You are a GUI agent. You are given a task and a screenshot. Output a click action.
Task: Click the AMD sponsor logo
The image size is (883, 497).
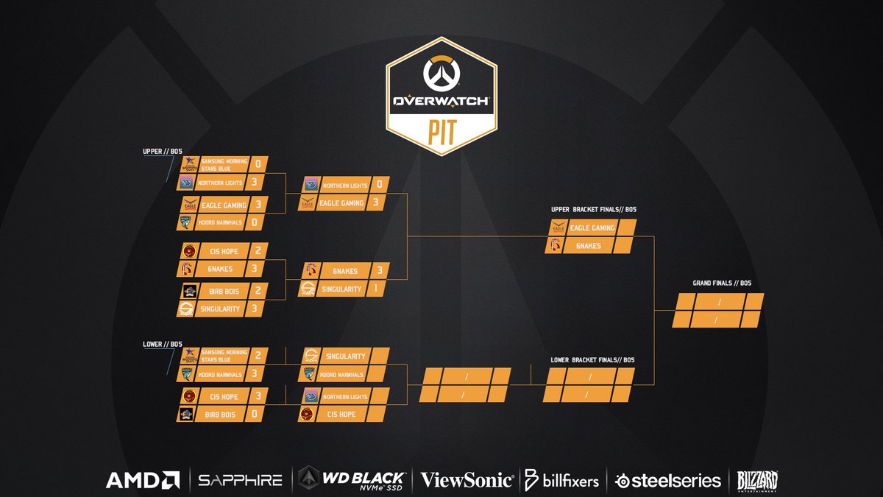click(x=143, y=480)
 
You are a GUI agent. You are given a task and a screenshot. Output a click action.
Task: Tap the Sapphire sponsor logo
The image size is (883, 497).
click(x=241, y=480)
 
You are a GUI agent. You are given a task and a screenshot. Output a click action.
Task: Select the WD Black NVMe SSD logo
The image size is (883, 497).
click(x=352, y=479)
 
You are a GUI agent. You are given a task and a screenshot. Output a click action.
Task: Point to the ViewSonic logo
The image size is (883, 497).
click(x=467, y=480)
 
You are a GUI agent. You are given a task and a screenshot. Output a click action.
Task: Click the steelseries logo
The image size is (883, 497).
click(x=668, y=480)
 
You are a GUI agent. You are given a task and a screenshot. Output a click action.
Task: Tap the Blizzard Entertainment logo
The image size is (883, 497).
click(x=757, y=481)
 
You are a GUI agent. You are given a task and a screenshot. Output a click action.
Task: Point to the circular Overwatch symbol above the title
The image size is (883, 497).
click(x=441, y=73)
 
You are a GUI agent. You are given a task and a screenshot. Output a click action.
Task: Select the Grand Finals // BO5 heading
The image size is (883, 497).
click(x=717, y=283)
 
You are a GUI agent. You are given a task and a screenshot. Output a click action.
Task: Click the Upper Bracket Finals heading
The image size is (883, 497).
click(x=592, y=210)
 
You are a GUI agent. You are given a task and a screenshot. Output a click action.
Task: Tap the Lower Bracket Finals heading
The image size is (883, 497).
click(x=592, y=360)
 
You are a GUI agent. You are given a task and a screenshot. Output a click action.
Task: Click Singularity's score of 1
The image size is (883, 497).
click(x=376, y=289)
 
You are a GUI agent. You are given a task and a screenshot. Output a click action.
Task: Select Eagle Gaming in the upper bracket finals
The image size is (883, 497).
click(x=592, y=228)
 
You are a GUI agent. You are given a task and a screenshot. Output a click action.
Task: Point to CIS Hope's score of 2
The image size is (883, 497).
click(x=257, y=251)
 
